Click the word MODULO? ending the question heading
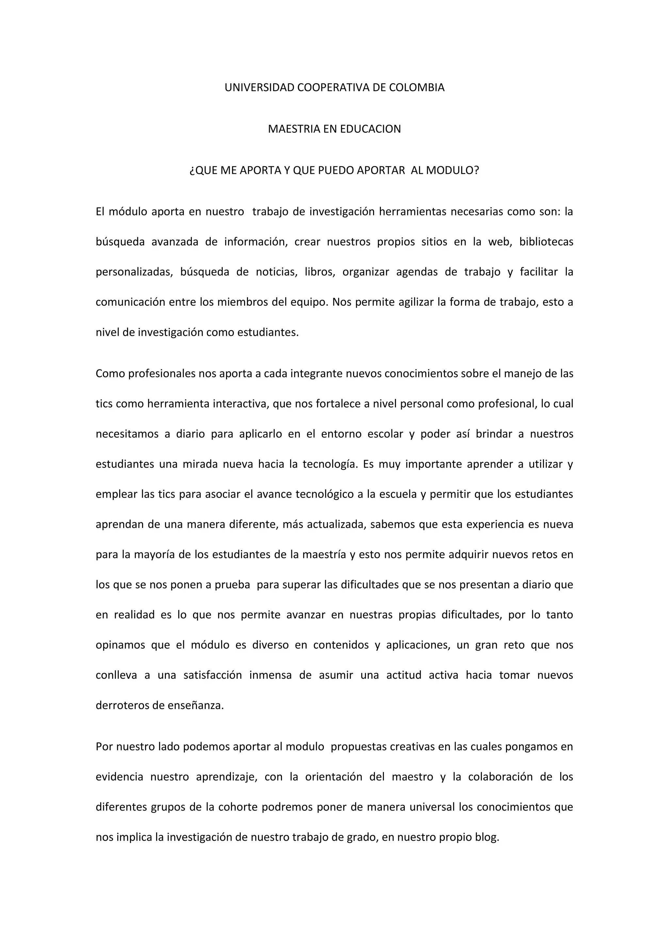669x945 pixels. tap(452, 170)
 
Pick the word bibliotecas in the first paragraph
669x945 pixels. tap(546, 242)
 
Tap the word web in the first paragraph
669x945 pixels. tap(500, 242)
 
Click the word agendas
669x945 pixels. tap(417, 272)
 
